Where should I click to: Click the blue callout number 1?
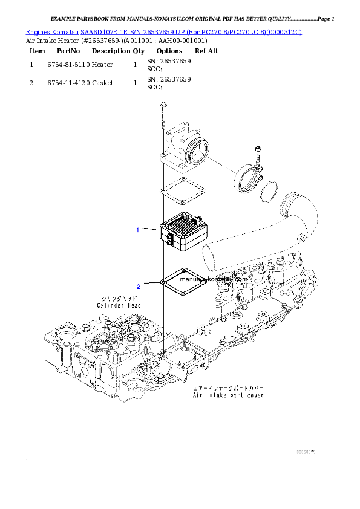coord(138,230)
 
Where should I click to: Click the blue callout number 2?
coord(138,287)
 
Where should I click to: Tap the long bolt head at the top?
coord(163,106)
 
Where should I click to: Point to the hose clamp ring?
coord(250,177)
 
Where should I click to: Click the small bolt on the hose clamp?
coord(257,152)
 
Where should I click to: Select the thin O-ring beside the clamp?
coord(269,192)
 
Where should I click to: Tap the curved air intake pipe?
coord(260,236)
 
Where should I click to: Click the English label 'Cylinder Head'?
coord(119,306)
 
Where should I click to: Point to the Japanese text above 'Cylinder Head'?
coord(119,299)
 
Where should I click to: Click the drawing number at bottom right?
coord(306,451)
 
